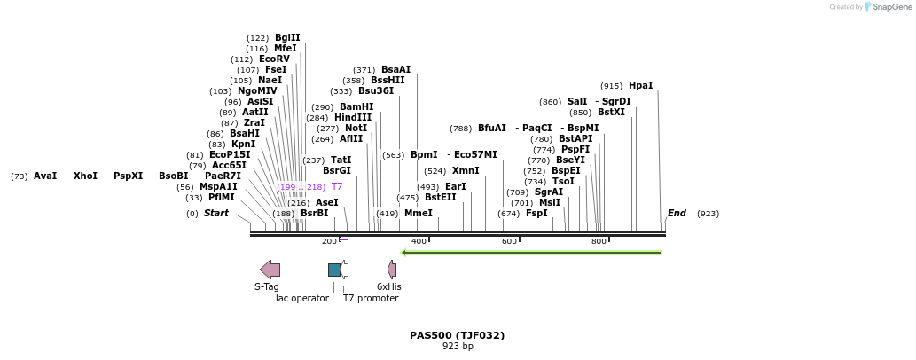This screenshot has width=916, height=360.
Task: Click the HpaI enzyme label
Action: coord(640,86)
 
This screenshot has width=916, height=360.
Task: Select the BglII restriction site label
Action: coord(287,38)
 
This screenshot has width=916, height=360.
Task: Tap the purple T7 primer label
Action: coord(337,187)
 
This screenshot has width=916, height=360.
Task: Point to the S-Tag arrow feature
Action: coord(270,270)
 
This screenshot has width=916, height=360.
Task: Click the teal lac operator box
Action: coord(334,270)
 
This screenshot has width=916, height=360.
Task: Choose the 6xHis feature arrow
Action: coord(392,270)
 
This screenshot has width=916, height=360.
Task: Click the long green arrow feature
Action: coord(532,253)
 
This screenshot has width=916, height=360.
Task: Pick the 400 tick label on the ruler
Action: coord(419,241)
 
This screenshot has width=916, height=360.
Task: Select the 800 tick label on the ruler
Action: coord(599,241)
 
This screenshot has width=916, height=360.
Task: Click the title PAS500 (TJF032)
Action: coord(457,335)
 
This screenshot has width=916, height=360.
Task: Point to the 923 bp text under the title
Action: coord(458,346)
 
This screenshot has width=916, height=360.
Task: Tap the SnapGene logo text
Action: coord(892,7)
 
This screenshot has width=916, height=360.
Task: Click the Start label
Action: coord(216,214)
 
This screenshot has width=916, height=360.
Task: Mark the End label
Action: coord(677,214)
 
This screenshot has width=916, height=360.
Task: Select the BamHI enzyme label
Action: coord(356,107)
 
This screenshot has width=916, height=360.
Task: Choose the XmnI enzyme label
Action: coord(466,171)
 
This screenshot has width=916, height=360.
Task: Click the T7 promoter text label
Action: coord(371,298)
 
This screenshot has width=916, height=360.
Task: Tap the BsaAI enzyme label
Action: coord(395,70)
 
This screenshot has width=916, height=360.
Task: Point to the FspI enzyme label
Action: coord(536,214)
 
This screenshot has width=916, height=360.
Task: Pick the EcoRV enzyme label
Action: coord(274,59)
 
